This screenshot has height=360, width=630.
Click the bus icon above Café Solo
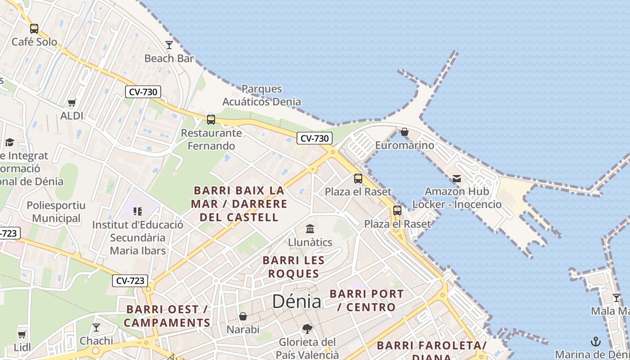pos(34,29)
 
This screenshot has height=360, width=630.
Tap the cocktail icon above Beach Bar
pos(169,45)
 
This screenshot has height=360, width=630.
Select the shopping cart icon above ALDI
pos(72,103)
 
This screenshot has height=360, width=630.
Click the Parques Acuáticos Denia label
pos(261,95)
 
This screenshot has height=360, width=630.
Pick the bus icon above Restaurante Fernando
pos(211,120)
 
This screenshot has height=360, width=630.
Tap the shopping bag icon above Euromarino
pos(405,132)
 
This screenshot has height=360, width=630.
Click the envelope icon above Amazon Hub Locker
pos(457,179)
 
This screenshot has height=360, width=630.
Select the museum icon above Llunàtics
pos(310,229)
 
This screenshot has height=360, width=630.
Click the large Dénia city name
pos(297,301)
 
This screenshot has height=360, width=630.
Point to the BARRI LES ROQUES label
pos(293,267)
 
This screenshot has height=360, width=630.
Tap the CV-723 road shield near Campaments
pos(130,281)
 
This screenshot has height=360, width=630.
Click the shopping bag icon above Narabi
pos(243,316)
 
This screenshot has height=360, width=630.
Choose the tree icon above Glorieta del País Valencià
pos(307,329)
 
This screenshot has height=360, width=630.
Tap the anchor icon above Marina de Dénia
pos(596,341)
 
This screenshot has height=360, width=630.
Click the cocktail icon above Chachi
pos(96,327)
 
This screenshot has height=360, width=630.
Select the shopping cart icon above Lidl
pos(22,334)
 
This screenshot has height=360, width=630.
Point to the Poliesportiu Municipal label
pos(56,212)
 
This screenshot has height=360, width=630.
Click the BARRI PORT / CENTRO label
pos(367,301)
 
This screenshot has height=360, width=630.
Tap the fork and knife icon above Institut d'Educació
pos(138,211)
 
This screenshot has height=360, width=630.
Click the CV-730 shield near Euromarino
pos(315,139)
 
